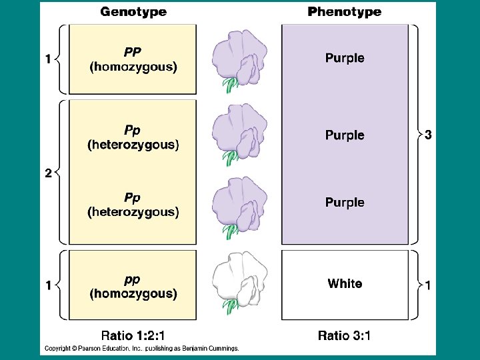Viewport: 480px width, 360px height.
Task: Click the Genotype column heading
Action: coord(133,11)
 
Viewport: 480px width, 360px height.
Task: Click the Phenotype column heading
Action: coord(345,11)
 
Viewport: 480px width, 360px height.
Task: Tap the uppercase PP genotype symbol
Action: coord(133,52)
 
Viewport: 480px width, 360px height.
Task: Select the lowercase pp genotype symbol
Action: coord(133,279)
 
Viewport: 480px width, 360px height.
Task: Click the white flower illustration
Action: coord(240,275)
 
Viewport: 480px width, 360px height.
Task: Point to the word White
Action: coord(345,284)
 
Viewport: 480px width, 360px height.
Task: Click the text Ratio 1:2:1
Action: coord(133,335)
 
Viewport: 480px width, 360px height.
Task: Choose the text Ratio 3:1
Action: coord(345,335)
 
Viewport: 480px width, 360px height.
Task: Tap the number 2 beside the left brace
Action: coord(48,174)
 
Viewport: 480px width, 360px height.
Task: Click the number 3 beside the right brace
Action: coord(428,135)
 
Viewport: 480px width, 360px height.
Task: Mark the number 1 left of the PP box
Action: coord(48,59)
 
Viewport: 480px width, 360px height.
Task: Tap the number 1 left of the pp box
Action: coord(48,285)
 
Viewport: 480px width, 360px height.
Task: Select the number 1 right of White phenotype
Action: coord(428,285)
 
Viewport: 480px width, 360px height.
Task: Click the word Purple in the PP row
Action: coord(345,58)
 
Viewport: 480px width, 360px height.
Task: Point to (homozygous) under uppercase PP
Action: coord(133,67)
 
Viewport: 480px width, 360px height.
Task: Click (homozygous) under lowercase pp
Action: coord(133,293)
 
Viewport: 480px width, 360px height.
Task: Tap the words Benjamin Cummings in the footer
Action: coord(210,348)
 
